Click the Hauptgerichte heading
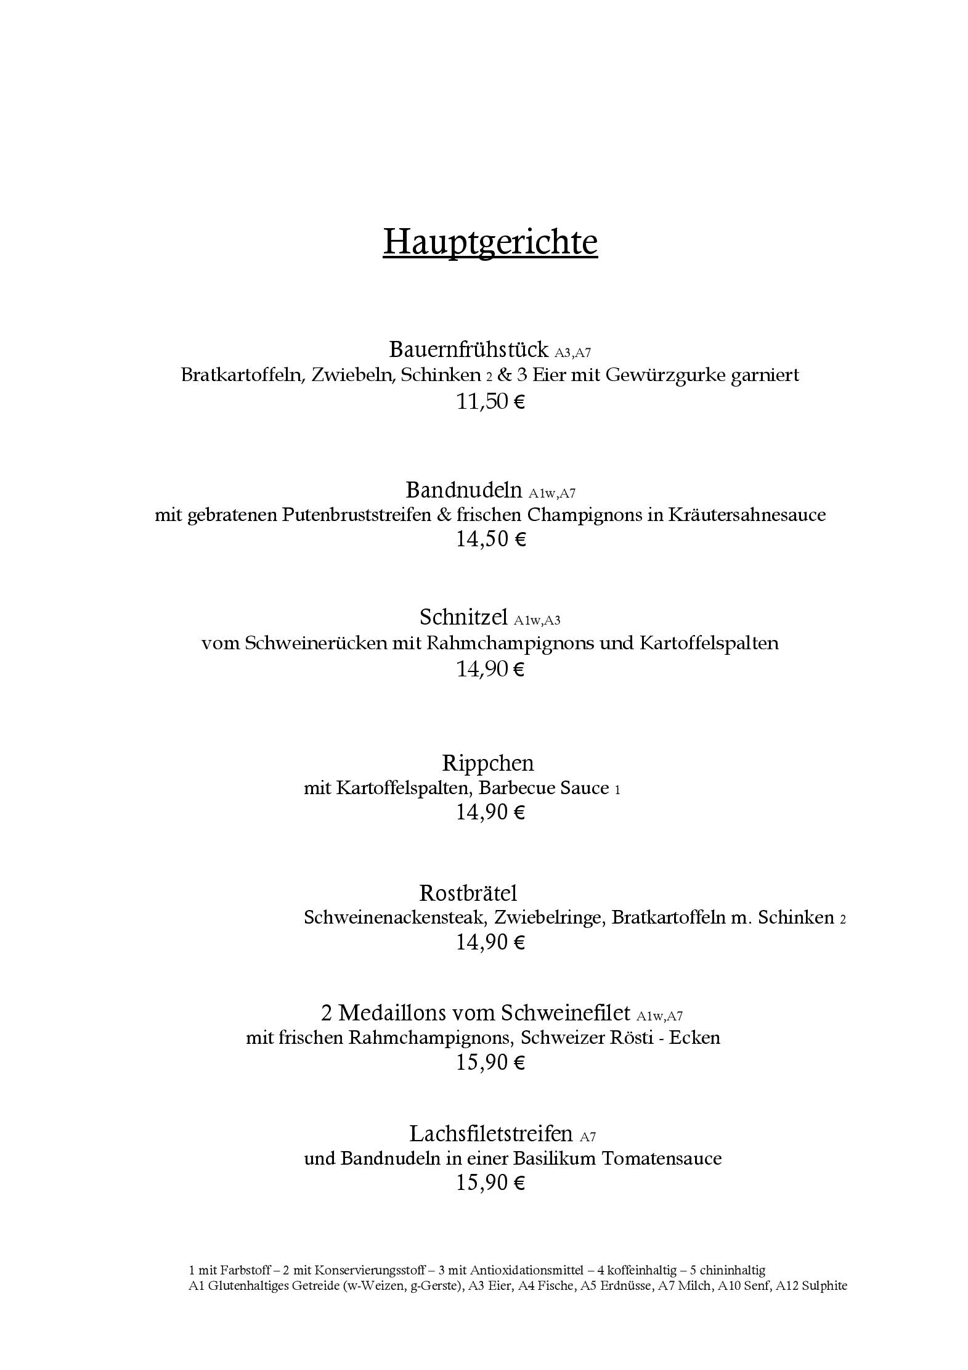coord(490,241)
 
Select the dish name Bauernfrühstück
coord(468,350)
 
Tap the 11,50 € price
coord(490,402)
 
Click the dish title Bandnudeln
coord(463,490)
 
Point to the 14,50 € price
coord(490,539)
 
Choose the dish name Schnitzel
coord(463,617)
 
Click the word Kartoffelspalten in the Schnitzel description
coord(709,643)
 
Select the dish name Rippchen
coord(488,763)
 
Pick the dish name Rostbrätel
coord(468,893)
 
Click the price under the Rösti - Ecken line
coord(490,1062)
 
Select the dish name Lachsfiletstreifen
coord(491,1133)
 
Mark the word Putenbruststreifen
coord(356,514)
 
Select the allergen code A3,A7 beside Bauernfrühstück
coord(572,353)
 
